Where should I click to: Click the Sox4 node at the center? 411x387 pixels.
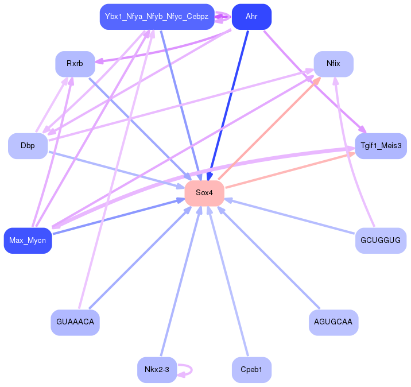(204, 193)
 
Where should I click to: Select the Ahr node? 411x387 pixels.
(251, 16)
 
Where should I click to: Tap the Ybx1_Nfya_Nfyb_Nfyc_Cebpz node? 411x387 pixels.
(156, 16)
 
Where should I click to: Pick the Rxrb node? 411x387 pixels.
(75, 64)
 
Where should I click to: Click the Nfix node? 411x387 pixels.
(333, 64)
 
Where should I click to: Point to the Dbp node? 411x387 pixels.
(28, 146)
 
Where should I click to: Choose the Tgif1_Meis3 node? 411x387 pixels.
(381, 146)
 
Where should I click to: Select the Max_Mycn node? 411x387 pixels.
(28, 240)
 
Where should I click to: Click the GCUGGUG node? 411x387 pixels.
(381, 240)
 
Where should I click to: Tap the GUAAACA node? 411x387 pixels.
(75, 322)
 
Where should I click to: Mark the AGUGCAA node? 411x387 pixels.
(334, 322)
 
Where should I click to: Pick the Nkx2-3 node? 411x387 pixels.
(157, 370)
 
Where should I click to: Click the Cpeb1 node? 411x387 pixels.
(251, 370)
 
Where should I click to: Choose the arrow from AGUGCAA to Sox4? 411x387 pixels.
(270, 258)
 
